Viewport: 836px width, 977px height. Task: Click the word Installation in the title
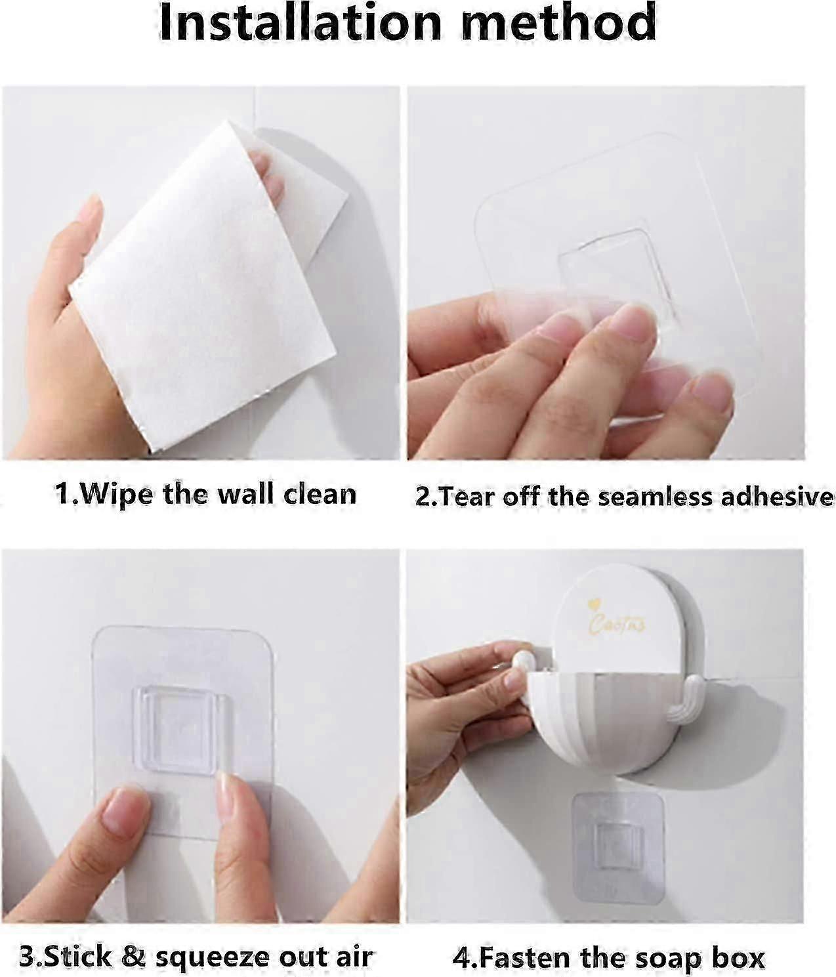pyautogui.click(x=300, y=23)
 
